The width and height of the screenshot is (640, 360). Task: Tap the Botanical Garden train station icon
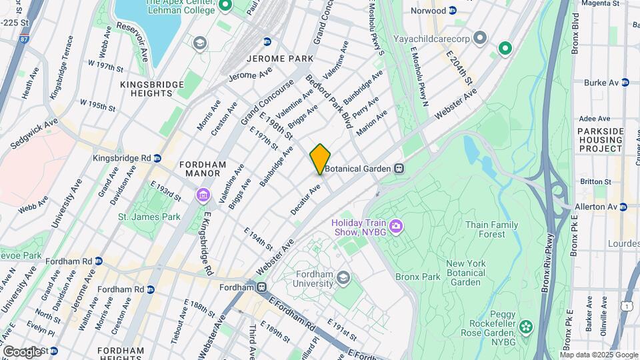(x=399, y=169)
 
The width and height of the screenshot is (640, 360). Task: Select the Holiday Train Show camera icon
(x=396, y=227)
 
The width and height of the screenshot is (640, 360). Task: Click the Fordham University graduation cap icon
(x=343, y=277)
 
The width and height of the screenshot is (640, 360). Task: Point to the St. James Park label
(x=149, y=217)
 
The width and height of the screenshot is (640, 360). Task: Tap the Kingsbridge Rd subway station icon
(x=157, y=158)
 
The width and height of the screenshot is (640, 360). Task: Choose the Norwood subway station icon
(x=453, y=11)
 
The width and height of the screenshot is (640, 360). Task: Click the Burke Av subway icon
(x=625, y=83)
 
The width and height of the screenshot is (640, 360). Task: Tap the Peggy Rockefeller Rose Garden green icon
(x=527, y=327)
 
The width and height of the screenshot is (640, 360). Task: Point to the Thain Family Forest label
(x=492, y=229)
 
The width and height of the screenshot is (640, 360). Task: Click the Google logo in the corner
(x=22, y=351)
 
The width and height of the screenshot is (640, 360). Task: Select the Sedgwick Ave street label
(x=33, y=134)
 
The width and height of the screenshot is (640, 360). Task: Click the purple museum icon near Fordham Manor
(x=202, y=195)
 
